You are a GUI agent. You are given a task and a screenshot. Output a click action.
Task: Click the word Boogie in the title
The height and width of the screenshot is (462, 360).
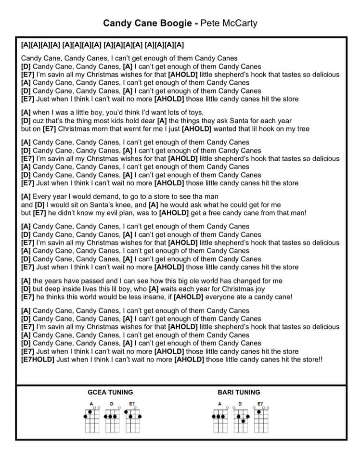pyautogui.click(x=179, y=23)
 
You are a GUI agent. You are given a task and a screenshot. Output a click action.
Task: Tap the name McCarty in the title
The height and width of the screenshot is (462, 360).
pyautogui.click(x=240, y=23)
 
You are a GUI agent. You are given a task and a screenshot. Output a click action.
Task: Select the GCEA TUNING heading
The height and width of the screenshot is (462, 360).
pyautogui.click(x=110, y=392)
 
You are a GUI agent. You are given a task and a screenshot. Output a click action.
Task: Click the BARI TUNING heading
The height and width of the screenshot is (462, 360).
pyautogui.click(x=239, y=392)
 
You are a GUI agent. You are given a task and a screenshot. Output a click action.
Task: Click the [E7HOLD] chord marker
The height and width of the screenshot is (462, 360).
pyautogui.click(x=38, y=359)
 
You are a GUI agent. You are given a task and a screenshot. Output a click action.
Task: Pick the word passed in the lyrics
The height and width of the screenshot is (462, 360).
pyautogui.click(x=82, y=281)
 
